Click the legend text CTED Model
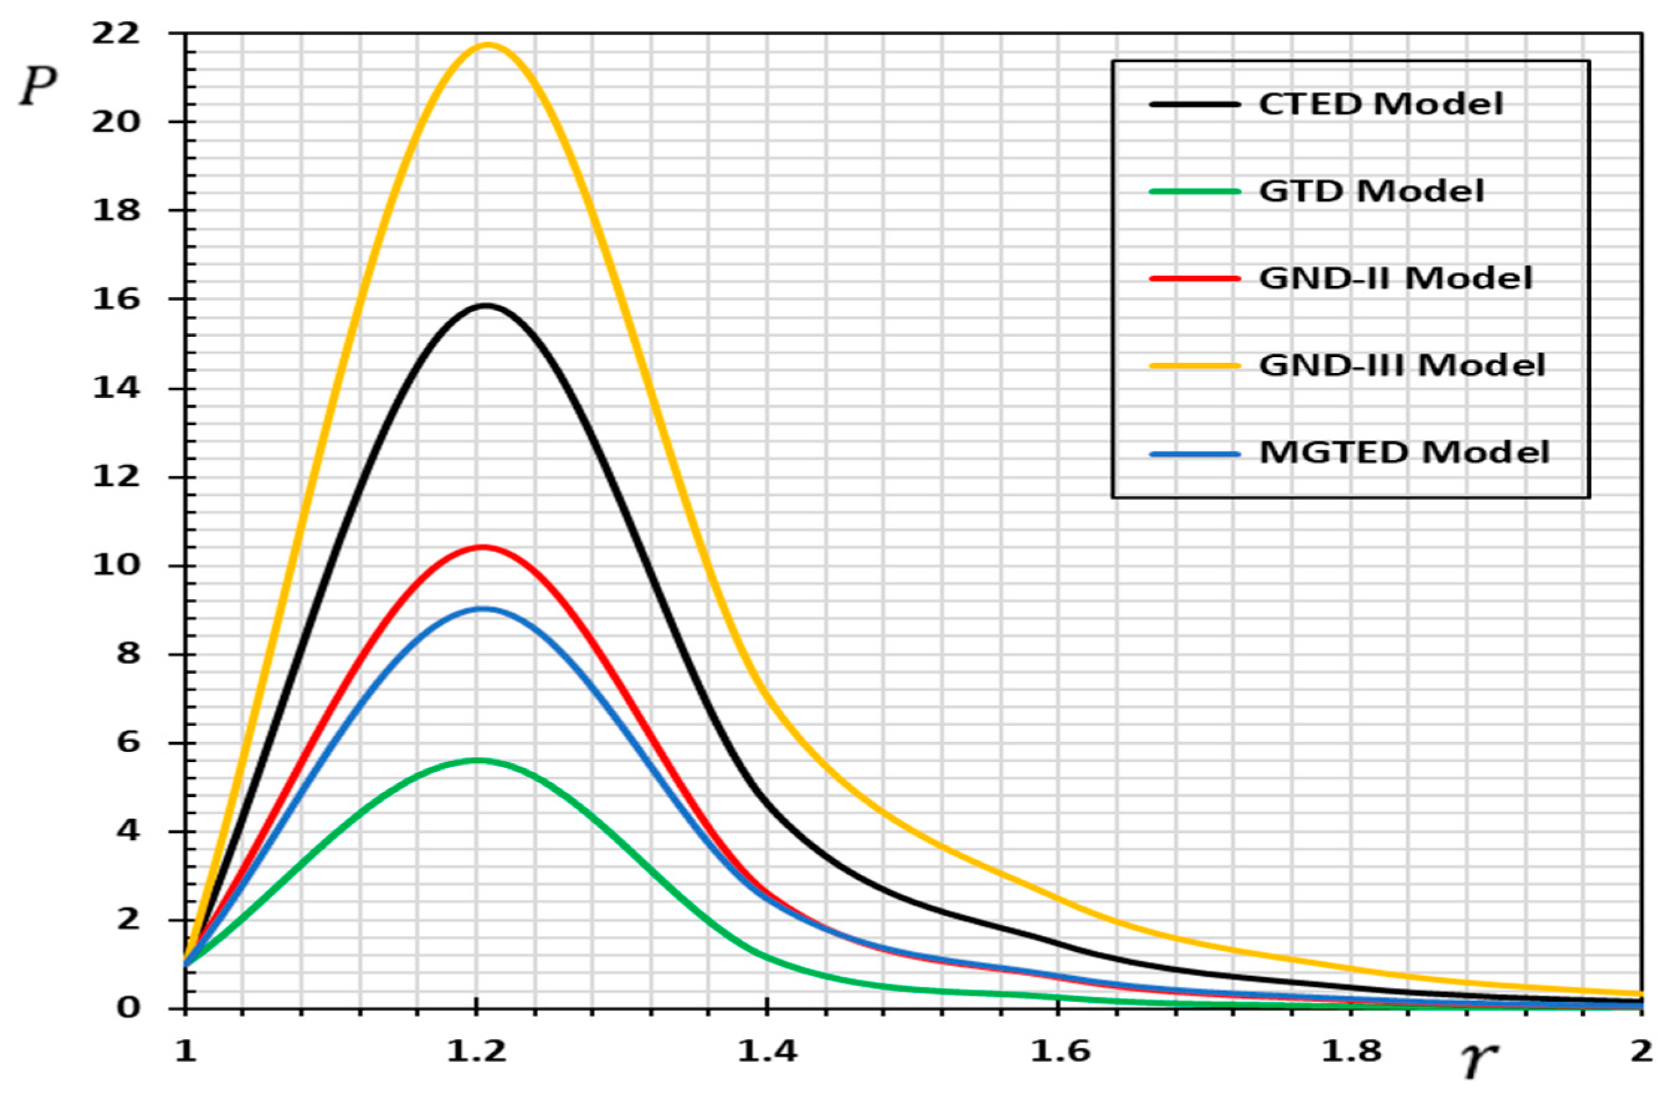1380,104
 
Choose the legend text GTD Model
1371,191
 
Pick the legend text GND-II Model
1395,279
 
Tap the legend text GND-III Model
1402,365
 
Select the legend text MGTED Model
1403,452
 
